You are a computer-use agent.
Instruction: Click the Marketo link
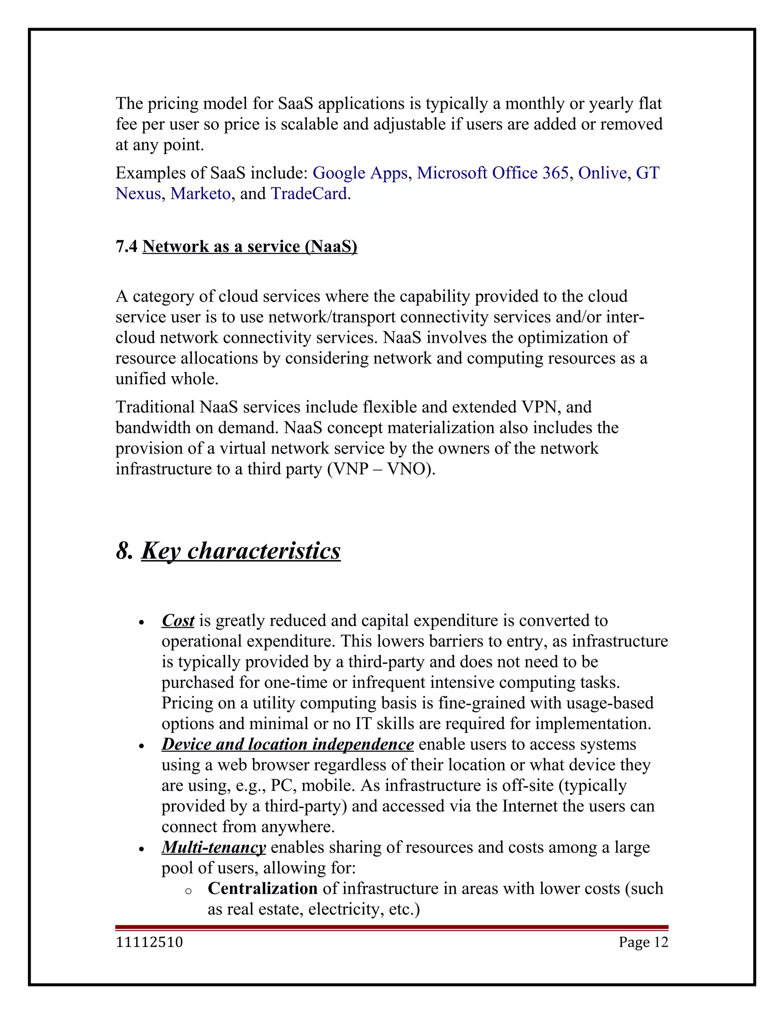(x=200, y=194)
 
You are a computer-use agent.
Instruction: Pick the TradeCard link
(x=309, y=194)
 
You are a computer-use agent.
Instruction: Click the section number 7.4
(x=126, y=246)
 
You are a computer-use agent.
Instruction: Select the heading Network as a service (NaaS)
(x=250, y=246)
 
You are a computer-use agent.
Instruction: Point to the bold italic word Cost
(x=178, y=620)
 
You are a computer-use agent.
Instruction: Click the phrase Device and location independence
(x=287, y=744)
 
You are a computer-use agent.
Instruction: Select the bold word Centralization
(x=262, y=888)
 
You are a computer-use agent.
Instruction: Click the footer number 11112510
(x=149, y=942)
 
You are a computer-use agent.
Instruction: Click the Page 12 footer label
(x=643, y=942)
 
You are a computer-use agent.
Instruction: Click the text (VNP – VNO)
(x=381, y=469)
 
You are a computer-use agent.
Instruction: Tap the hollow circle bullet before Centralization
(x=188, y=891)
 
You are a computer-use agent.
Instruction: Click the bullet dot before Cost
(x=142, y=623)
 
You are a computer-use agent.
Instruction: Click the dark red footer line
(x=392, y=927)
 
